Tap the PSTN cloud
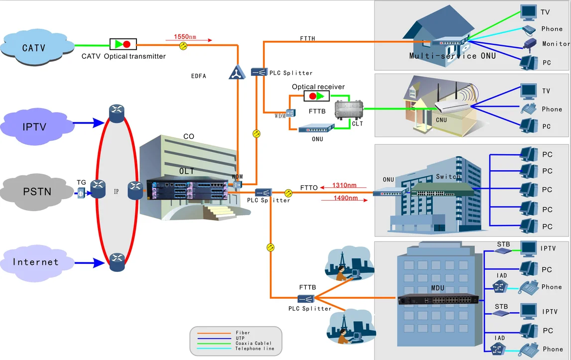(x=36, y=191)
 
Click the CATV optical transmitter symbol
(x=123, y=44)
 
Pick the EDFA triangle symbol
(x=237, y=72)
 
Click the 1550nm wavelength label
(x=185, y=36)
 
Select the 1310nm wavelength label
(x=344, y=185)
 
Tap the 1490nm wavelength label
(x=345, y=198)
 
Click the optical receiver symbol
(x=317, y=96)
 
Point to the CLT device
(x=349, y=110)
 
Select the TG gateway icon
(x=81, y=193)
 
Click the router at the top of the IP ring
(x=116, y=114)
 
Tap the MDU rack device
(x=439, y=299)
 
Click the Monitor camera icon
(x=530, y=44)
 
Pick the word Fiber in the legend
(x=242, y=333)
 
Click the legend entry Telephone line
(x=254, y=349)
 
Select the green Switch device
(x=442, y=189)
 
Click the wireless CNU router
(x=453, y=106)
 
